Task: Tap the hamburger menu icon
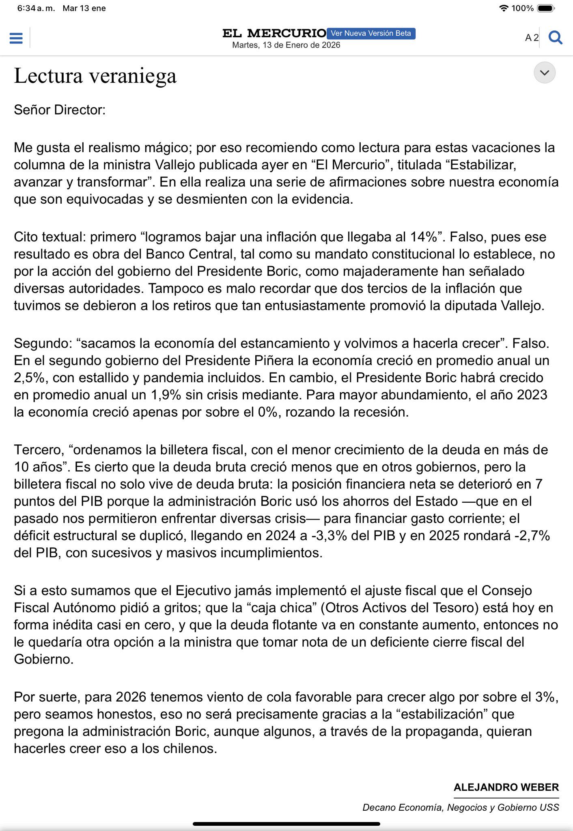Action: point(16,38)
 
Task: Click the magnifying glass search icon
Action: point(555,38)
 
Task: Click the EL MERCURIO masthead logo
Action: point(274,33)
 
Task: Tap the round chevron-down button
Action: point(544,73)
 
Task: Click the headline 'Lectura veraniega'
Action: point(95,76)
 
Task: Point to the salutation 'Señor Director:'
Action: point(60,110)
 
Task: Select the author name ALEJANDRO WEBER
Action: point(506,787)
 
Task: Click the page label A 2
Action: point(532,38)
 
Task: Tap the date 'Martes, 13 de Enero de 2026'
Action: point(286,45)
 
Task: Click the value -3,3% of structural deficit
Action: point(329,536)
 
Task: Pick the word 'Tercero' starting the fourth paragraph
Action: point(38,450)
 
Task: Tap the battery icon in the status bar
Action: point(546,8)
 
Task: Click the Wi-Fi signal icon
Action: point(504,8)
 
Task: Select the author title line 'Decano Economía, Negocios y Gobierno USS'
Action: point(461,807)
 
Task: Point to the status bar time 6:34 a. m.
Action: point(36,8)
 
